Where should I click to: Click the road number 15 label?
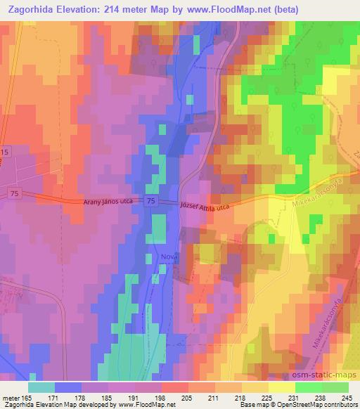pos(5,152)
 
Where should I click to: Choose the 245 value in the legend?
pos(347,398)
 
